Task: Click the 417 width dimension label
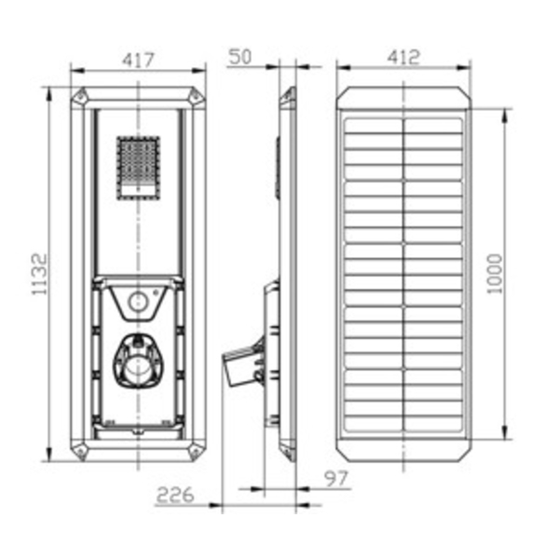(x=138, y=60)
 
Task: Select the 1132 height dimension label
(x=39, y=274)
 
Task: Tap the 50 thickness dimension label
(x=240, y=57)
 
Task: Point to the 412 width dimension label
(x=403, y=57)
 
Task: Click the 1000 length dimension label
(x=495, y=274)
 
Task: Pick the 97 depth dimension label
(x=335, y=479)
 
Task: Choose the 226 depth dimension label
(x=175, y=495)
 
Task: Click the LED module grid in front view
(x=138, y=168)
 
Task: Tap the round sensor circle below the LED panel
(x=138, y=302)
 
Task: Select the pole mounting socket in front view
(x=138, y=361)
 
